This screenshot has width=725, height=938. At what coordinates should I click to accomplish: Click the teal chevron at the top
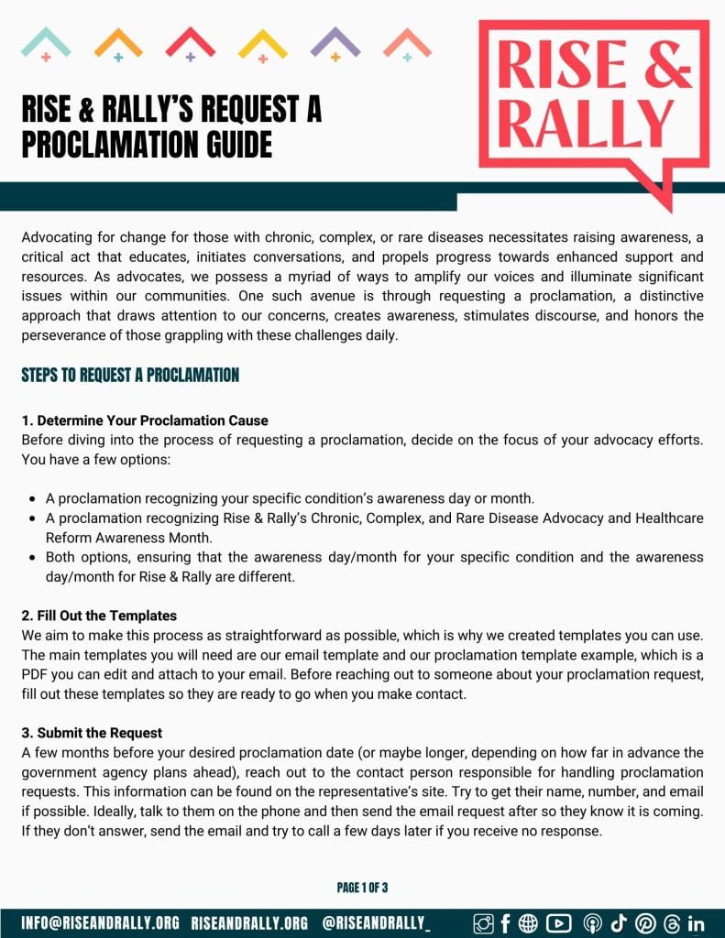click(x=46, y=42)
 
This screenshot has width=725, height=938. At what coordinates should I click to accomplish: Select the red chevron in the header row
click(x=190, y=42)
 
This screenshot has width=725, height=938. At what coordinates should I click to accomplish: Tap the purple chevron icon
click(x=335, y=42)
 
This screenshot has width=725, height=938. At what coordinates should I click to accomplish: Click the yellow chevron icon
click(x=262, y=42)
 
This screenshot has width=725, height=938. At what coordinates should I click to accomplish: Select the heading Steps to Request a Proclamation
click(x=130, y=375)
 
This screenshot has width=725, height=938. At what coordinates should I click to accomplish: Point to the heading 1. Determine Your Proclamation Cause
click(x=145, y=420)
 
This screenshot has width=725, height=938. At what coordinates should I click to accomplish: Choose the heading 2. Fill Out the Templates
click(x=99, y=616)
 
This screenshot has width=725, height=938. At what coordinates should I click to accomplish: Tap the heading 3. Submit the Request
click(x=92, y=732)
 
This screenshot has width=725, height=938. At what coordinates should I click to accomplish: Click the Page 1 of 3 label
click(x=362, y=887)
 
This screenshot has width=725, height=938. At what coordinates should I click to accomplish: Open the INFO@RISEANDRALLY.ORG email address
click(x=101, y=922)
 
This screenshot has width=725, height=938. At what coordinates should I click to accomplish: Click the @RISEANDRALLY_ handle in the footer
click(x=377, y=922)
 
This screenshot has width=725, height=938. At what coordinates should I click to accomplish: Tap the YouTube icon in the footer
click(x=558, y=922)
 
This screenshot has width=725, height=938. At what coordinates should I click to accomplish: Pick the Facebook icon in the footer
click(x=505, y=922)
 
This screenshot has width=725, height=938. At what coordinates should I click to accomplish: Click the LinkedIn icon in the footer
click(x=696, y=922)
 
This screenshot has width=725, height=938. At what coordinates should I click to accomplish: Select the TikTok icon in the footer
click(x=618, y=922)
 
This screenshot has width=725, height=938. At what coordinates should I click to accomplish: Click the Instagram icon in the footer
click(x=483, y=922)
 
